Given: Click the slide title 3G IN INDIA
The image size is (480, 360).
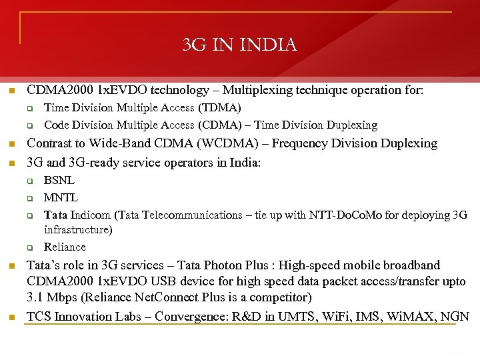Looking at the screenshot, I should point(240,45).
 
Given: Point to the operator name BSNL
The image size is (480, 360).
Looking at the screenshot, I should point(59,180).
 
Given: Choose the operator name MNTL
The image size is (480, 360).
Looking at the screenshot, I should point(61,197).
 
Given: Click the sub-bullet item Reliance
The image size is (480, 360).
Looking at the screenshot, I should point(65,247).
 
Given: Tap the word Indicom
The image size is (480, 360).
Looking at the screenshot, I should point(93,215).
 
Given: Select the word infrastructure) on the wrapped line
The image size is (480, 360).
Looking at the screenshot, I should point(78,229).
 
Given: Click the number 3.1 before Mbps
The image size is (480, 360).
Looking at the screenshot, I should point(35,297).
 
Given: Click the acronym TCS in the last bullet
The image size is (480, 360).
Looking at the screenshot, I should point(38,316).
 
